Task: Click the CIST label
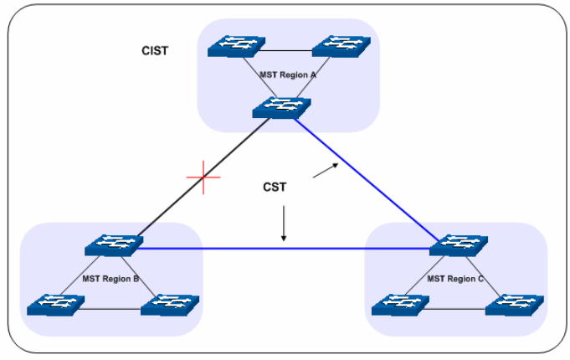point(155,51)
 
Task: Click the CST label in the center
point(275,188)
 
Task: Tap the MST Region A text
point(287,75)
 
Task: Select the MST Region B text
point(110,279)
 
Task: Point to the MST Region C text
point(455,279)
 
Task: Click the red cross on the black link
point(203,177)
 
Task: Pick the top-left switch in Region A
point(237,46)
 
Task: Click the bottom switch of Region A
point(283,107)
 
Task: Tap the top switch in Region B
point(113,245)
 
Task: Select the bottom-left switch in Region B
point(55,305)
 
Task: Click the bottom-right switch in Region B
point(169,305)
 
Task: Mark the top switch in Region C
point(457,245)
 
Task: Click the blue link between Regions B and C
point(251,249)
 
